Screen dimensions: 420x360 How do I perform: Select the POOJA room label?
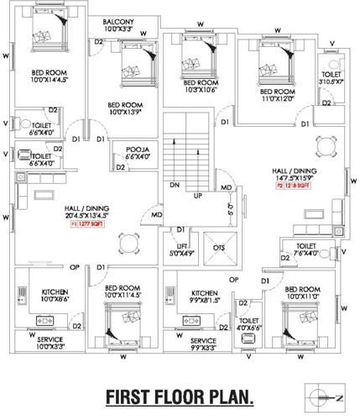coord(137,154)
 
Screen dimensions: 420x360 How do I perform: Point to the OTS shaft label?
coord(219,248)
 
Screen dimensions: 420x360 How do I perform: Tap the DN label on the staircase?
coord(174,184)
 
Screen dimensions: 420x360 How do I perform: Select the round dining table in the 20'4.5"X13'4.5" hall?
coord(128,244)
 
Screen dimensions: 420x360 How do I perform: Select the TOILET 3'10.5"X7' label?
coord(331,78)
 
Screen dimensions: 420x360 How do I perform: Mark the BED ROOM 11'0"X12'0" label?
coord(277,95)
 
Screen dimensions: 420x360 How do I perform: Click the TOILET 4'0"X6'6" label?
coord(249,324)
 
